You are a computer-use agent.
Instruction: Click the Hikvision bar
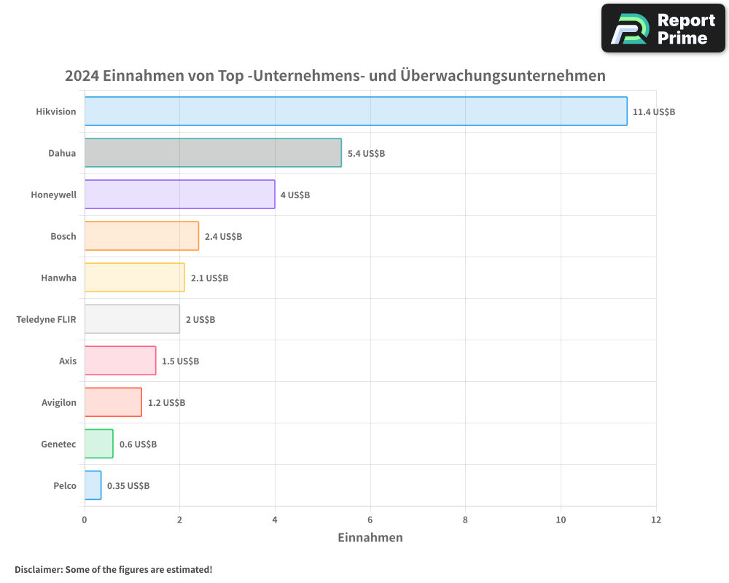point(356,111)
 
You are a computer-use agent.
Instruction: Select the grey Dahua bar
point(213,153)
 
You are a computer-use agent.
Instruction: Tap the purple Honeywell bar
point(179,195)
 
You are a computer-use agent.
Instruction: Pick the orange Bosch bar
point(141,236)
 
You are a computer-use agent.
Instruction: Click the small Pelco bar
point(93,485)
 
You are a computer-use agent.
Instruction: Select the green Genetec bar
point(98,444)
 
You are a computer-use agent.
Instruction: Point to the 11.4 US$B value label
point(654,112)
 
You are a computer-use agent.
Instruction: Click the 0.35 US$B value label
point(128,486)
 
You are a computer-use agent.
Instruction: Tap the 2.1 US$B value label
point(209,278)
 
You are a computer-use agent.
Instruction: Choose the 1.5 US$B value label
point(180,361)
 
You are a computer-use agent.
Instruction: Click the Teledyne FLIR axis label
point(46,319)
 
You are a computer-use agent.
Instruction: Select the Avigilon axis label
point(58,402)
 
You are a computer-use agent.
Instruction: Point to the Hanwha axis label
point(58,278)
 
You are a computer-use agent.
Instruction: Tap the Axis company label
point(68,361)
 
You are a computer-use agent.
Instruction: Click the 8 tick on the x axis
point(465,520)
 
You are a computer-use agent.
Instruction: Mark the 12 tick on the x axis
point(655,520)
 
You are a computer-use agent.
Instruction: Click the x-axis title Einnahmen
point(370,538)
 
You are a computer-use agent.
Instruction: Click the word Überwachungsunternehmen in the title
point(503,76)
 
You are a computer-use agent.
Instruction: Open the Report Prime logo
point(663,28)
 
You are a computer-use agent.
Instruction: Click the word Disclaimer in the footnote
point(37,569)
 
